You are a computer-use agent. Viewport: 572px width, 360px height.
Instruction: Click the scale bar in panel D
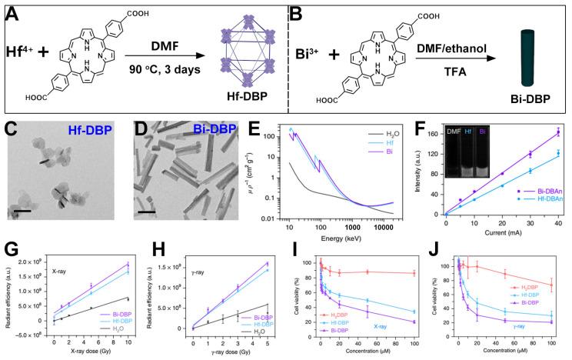[x=147, y=210]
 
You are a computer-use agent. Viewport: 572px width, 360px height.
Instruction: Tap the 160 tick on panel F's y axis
[x=437, y=132]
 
